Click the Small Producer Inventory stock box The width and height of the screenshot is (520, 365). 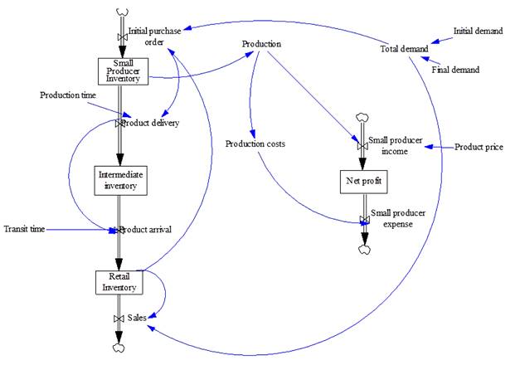coord(123,72)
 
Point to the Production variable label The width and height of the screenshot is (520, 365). coord(261,44)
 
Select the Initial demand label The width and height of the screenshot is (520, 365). coord(477,31)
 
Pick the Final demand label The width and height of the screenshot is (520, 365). coord(455,70)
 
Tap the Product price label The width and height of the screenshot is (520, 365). coord(479,147)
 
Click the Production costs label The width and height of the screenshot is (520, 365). coord(255,144)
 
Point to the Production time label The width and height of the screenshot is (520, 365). coord(68,95)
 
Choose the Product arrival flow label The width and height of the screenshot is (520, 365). coord(146,229)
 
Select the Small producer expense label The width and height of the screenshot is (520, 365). coord(396,218)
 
